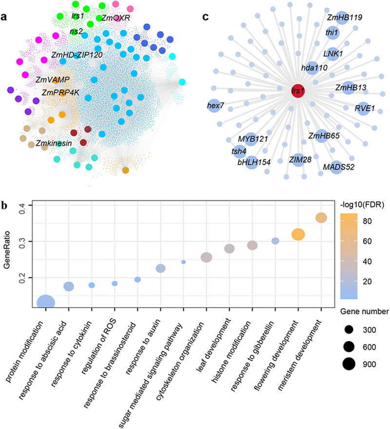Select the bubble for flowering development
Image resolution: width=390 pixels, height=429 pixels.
point(298,234)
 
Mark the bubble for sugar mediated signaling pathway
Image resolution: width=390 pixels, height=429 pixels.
point(183,262)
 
